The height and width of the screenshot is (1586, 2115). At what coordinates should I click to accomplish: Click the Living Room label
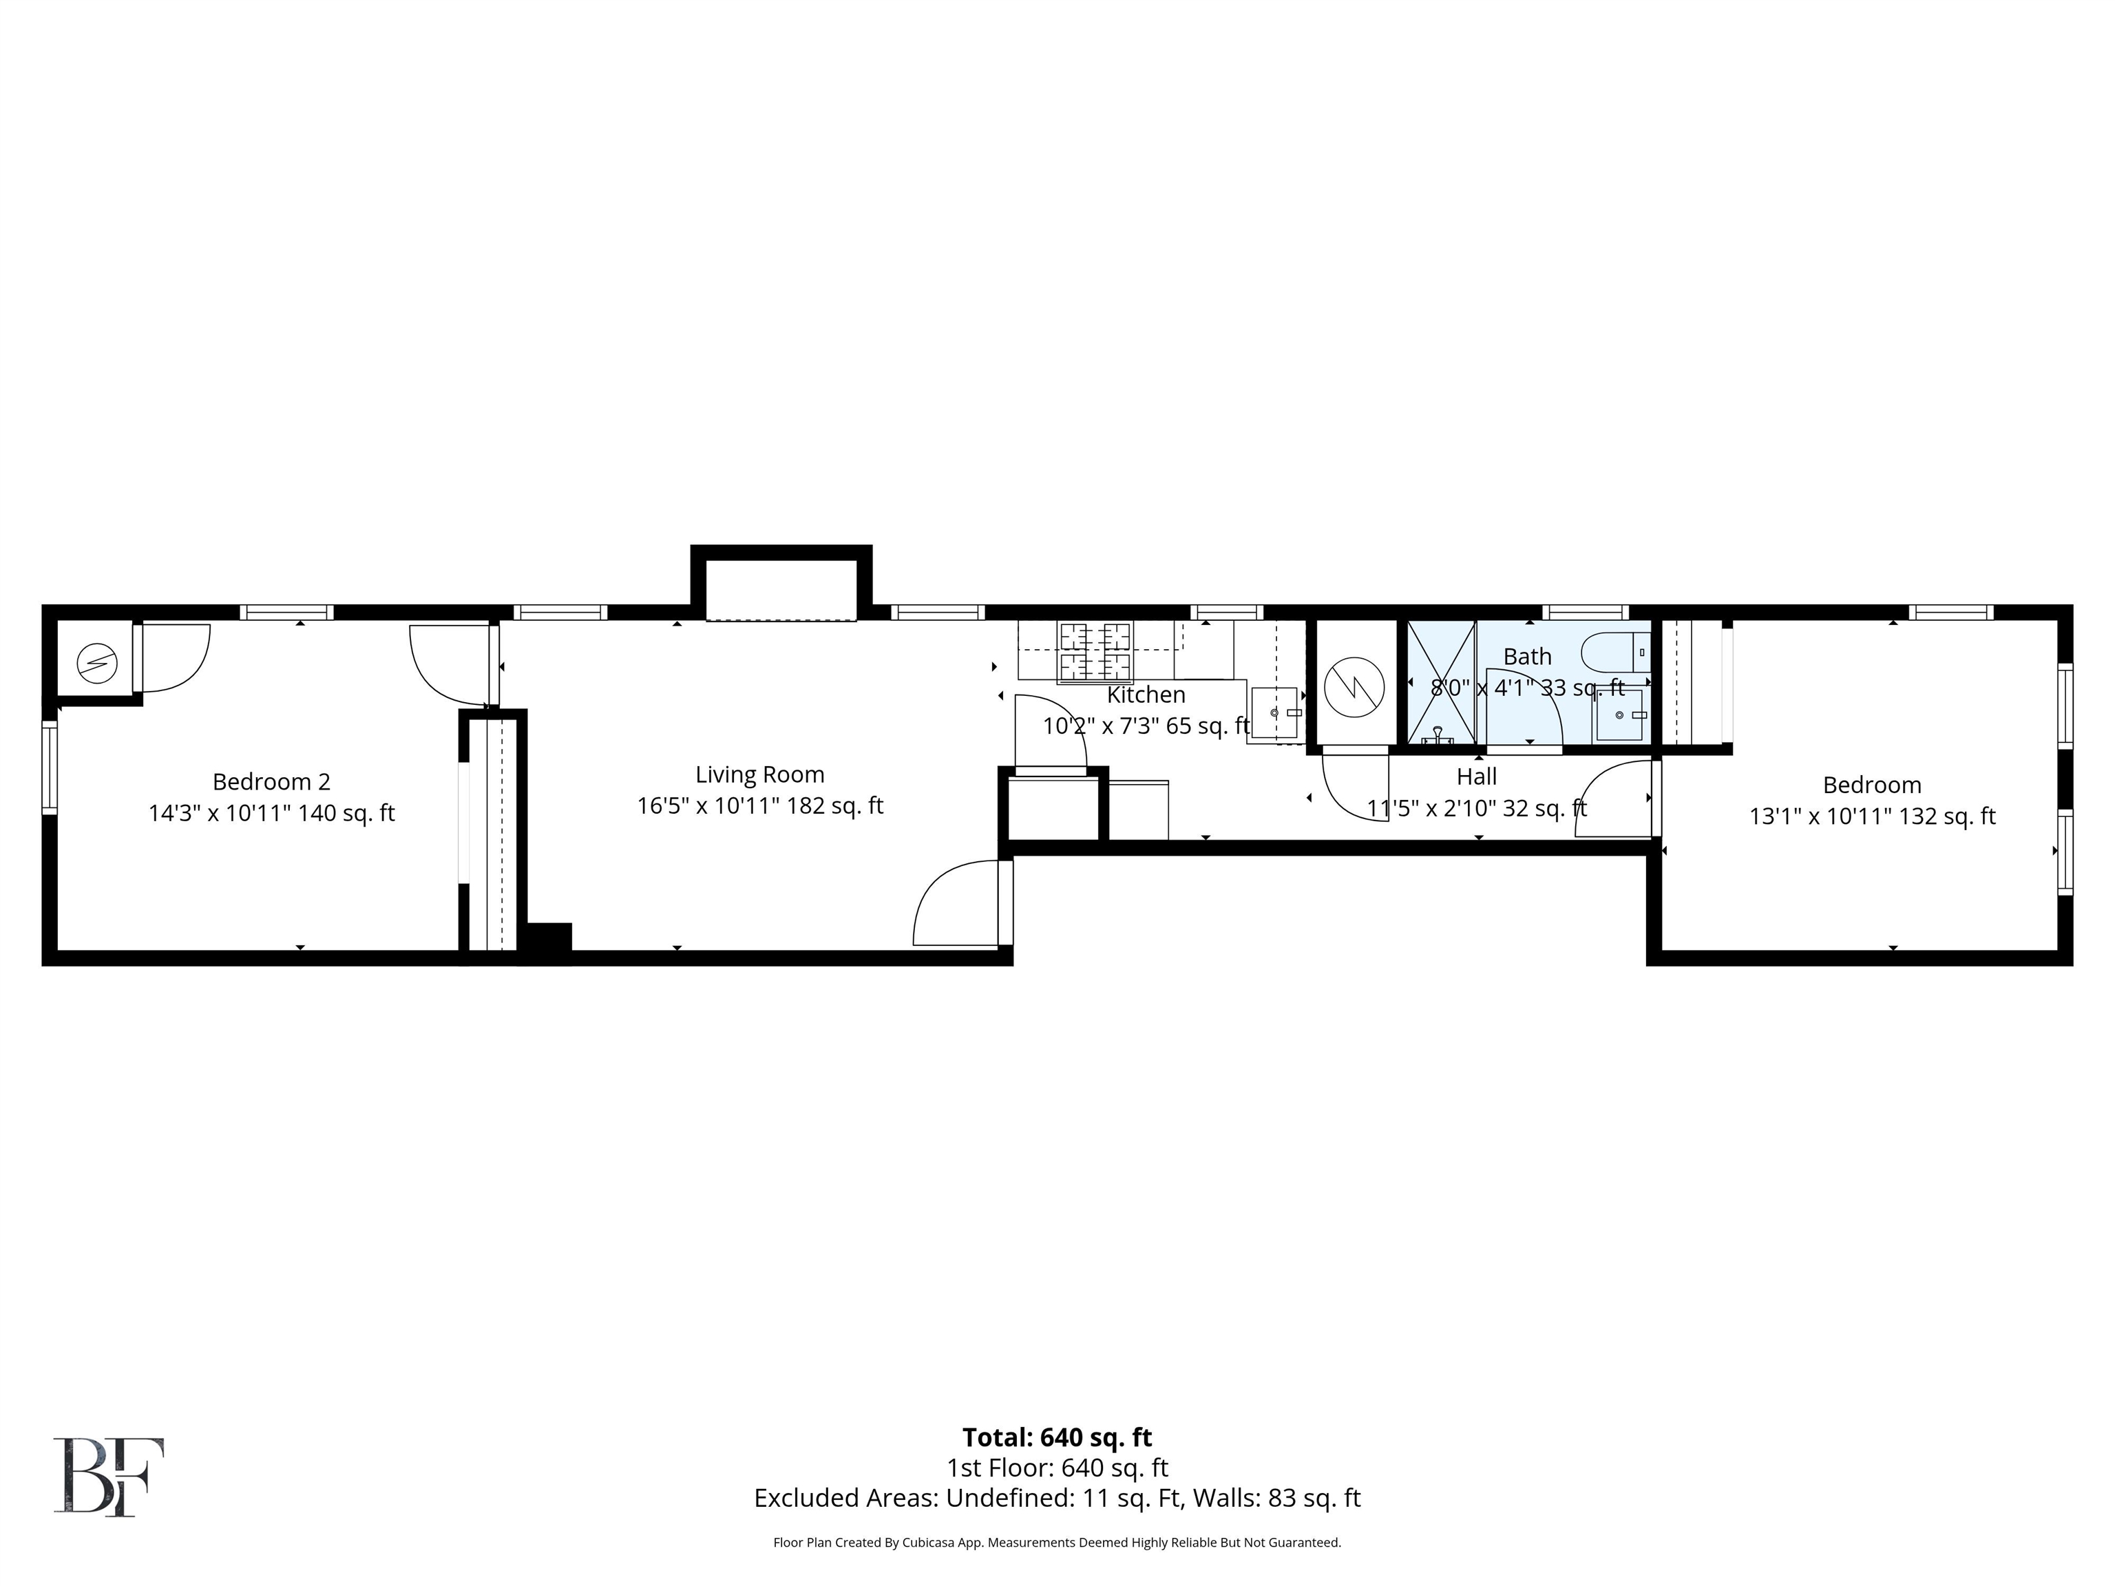759,774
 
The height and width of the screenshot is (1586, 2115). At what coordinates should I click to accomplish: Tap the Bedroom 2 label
271,782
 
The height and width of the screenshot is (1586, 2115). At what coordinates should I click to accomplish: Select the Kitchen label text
1146,695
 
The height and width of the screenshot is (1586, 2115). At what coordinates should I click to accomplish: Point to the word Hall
1476,776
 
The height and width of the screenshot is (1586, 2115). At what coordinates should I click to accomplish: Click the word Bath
1527,657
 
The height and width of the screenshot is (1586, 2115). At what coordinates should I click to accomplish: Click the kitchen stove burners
1095,651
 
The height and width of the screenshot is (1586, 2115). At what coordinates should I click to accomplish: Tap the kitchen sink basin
1274,712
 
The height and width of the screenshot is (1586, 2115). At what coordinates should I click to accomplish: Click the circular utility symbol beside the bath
1355,686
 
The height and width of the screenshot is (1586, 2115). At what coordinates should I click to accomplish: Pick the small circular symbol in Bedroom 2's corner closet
96,664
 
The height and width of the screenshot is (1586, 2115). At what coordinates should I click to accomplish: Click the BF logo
109,1477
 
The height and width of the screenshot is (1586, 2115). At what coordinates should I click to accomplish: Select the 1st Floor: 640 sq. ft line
1057,1468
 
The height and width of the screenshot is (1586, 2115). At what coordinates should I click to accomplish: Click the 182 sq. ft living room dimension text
834,806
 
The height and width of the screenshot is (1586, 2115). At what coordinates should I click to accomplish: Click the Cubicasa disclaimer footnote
1057,1542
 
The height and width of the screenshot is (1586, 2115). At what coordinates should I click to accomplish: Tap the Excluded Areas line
1057,1498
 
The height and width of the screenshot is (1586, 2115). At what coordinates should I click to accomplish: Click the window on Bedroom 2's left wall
50,768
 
